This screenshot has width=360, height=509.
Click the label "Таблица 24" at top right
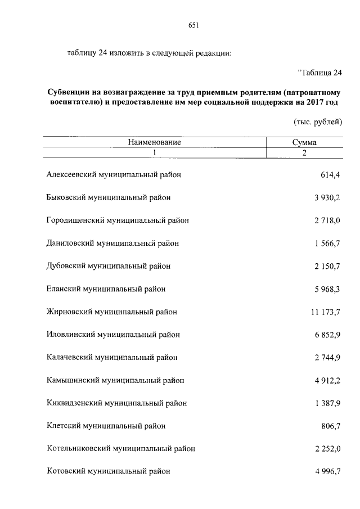[319, 73]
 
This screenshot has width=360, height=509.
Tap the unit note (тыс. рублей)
[317, 122]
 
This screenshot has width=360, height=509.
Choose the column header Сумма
[304, 143]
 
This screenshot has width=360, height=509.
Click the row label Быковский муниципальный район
[109, 198]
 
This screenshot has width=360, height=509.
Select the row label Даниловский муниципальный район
[112, 244]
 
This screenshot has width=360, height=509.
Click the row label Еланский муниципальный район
[106, 289]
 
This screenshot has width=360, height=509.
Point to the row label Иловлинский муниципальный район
[112, 335]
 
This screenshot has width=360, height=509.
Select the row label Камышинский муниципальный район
[115, 380]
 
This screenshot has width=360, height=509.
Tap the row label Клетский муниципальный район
[106, 426]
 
